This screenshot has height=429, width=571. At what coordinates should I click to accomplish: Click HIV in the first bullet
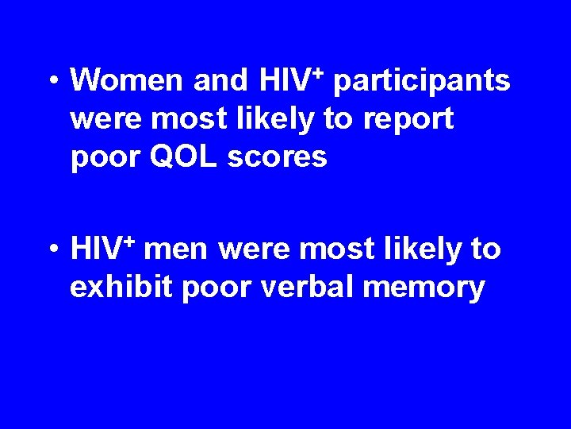pyautogui.click(x=285, y=80)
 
